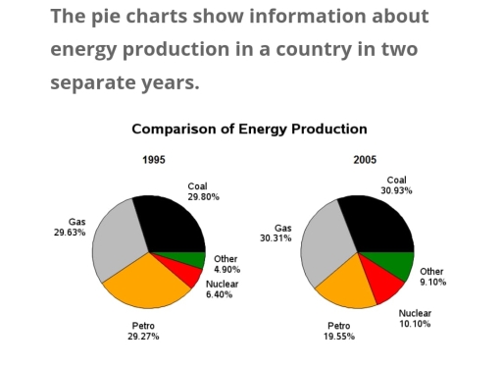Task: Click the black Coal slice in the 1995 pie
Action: [x=172, y=222]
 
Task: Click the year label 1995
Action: [x=154, y=160]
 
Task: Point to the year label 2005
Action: [x=365, y=160]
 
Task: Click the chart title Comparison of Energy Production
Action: [x=249, y=129]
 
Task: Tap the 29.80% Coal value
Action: [x=203, y=197]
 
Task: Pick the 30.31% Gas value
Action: [x=276, y=238]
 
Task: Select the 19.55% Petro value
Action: [x=339, y=336]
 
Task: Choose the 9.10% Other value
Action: [x=431, y=283]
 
